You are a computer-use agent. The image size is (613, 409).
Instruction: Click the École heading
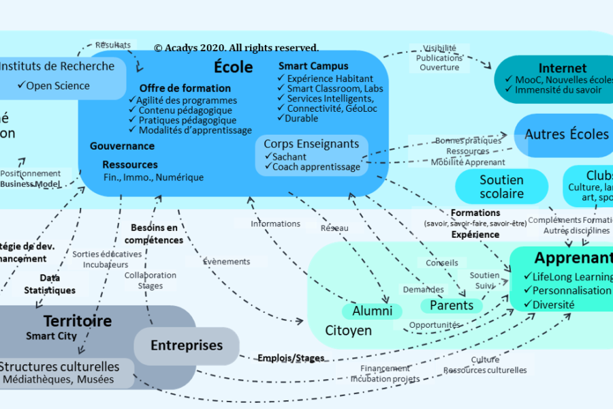click(x=234, y=67)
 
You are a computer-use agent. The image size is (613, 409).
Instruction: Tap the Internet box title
click(x=562, y=68)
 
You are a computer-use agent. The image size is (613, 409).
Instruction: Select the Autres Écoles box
click(x=566, y=134)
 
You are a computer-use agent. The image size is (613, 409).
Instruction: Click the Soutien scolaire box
click(x=501, y=187)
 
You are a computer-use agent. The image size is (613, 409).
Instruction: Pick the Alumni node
click(x=372, y=311)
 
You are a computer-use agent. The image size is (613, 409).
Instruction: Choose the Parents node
click(x=451, y=305)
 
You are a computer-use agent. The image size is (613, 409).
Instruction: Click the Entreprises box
click(x=186, y=346)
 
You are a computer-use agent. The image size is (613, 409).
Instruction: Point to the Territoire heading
click(x=77, y=321)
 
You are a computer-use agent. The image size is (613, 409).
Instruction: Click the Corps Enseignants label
click(x=311, y=144)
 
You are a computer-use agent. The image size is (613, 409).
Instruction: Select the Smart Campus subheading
click(x=313, y=66)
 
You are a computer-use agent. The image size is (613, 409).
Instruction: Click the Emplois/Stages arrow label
click(x=290, y=357)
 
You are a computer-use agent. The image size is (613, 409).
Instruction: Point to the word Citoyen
click(x=348, y=331)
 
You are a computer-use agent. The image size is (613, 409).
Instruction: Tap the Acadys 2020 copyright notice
click(x=236, y=48)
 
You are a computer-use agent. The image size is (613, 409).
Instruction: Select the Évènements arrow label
click(x=227, y=261)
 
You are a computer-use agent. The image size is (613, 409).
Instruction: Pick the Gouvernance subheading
click(x=122, y=146)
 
